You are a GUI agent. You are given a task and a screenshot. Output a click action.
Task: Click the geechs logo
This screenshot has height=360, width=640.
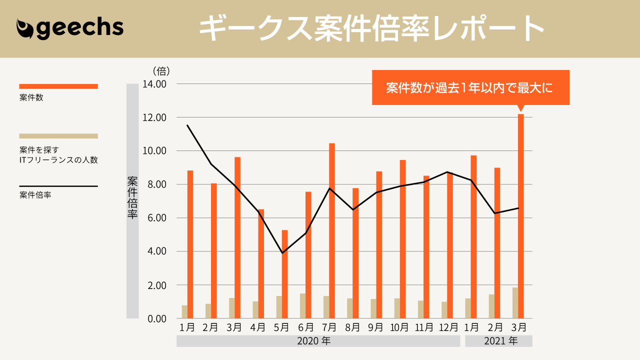70,28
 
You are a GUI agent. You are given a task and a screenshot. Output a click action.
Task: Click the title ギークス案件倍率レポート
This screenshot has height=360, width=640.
371,29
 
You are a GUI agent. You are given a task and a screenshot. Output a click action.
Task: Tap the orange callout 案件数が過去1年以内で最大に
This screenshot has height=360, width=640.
470,87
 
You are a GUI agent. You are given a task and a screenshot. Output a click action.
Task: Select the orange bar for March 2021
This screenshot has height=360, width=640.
520,216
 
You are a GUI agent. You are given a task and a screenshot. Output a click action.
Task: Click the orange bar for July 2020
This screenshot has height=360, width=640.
332,230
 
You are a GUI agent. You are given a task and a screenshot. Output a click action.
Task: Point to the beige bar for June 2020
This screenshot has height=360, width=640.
302,305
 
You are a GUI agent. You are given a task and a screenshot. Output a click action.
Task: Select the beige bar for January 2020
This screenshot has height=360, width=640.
184,311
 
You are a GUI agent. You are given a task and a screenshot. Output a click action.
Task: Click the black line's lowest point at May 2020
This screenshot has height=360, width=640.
282,253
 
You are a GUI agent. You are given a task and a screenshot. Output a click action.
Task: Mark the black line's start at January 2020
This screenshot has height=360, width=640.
187,125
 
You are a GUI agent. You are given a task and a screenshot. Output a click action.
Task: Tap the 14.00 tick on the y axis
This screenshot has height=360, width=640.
154,84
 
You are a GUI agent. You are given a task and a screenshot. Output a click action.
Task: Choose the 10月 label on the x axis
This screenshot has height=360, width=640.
399,327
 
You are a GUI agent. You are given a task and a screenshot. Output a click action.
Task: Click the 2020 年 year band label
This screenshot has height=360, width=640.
314,341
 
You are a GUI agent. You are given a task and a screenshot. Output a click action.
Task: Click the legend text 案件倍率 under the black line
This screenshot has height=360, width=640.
35,195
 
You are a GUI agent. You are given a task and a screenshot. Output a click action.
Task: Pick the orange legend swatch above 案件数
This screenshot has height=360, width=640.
58,86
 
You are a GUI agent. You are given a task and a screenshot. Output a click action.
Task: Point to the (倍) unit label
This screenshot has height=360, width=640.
161,71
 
